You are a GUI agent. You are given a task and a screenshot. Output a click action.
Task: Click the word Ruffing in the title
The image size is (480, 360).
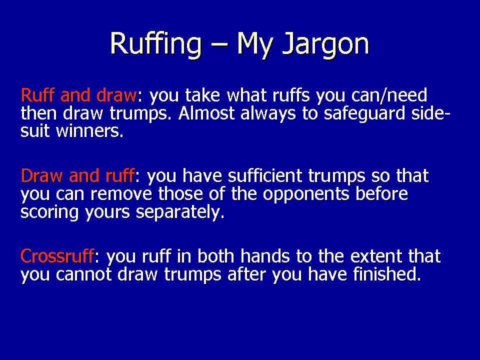pyautogui.click(x=156, y=44)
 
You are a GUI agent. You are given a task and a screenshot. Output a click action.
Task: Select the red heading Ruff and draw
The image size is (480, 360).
pyautogui.click(x=78, y=95)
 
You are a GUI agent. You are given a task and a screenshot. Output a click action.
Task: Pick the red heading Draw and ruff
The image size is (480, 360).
pyautogui.click(x=77, y=175)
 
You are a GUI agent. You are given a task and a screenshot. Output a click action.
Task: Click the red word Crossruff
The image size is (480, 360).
pyautogui.click(x=57, y=256)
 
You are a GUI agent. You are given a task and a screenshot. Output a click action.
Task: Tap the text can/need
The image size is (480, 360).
pyautogui.click(x=389, y=95)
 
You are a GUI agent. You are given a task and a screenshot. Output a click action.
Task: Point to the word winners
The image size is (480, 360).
pyautogui.click(x=89, y=131)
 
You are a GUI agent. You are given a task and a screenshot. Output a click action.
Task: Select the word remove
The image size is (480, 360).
pyautogui.click(x=121, y=194)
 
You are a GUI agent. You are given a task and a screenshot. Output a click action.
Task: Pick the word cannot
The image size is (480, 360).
pyautogui.click(x=83, y=274)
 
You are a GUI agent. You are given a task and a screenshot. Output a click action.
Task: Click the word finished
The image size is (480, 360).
pyautogui.click(x=387, y=274)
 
